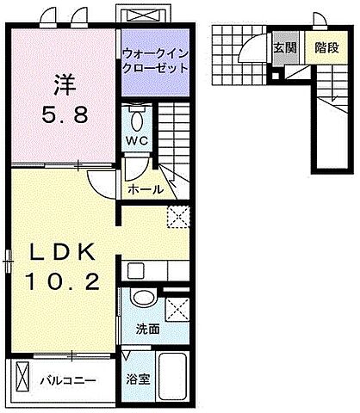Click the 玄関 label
pyautogui.click(x=284, y=49)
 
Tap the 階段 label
pyautogui.click(x=325, y=49)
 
